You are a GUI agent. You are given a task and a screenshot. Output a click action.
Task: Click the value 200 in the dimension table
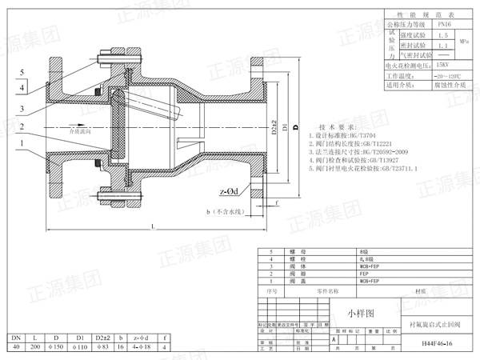pyautogui.click(x=37, y=346)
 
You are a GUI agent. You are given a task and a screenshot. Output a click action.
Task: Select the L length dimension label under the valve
pyautogui.click(x=151, y=226)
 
